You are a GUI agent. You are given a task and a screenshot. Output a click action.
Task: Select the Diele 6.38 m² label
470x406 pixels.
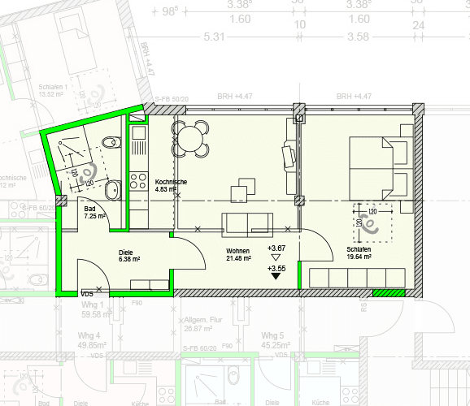click(130, 256)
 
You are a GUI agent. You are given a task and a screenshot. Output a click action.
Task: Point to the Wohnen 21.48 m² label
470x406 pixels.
click(238, 255)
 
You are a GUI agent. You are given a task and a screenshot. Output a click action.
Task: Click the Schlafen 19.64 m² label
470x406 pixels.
click(359, 253)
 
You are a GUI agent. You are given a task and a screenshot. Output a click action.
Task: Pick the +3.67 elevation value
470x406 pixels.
click(276, 248)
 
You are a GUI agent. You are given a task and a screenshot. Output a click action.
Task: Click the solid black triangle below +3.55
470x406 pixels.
click(276, 276)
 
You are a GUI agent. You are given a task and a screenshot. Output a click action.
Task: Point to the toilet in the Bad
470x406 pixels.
click(113, 145)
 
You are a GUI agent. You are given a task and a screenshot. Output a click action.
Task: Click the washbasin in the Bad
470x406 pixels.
click(112, 189)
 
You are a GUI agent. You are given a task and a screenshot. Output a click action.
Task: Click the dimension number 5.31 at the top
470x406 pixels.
click(215, 37)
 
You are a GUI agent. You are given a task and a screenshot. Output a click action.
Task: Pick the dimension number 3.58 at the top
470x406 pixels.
click(358, 37)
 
